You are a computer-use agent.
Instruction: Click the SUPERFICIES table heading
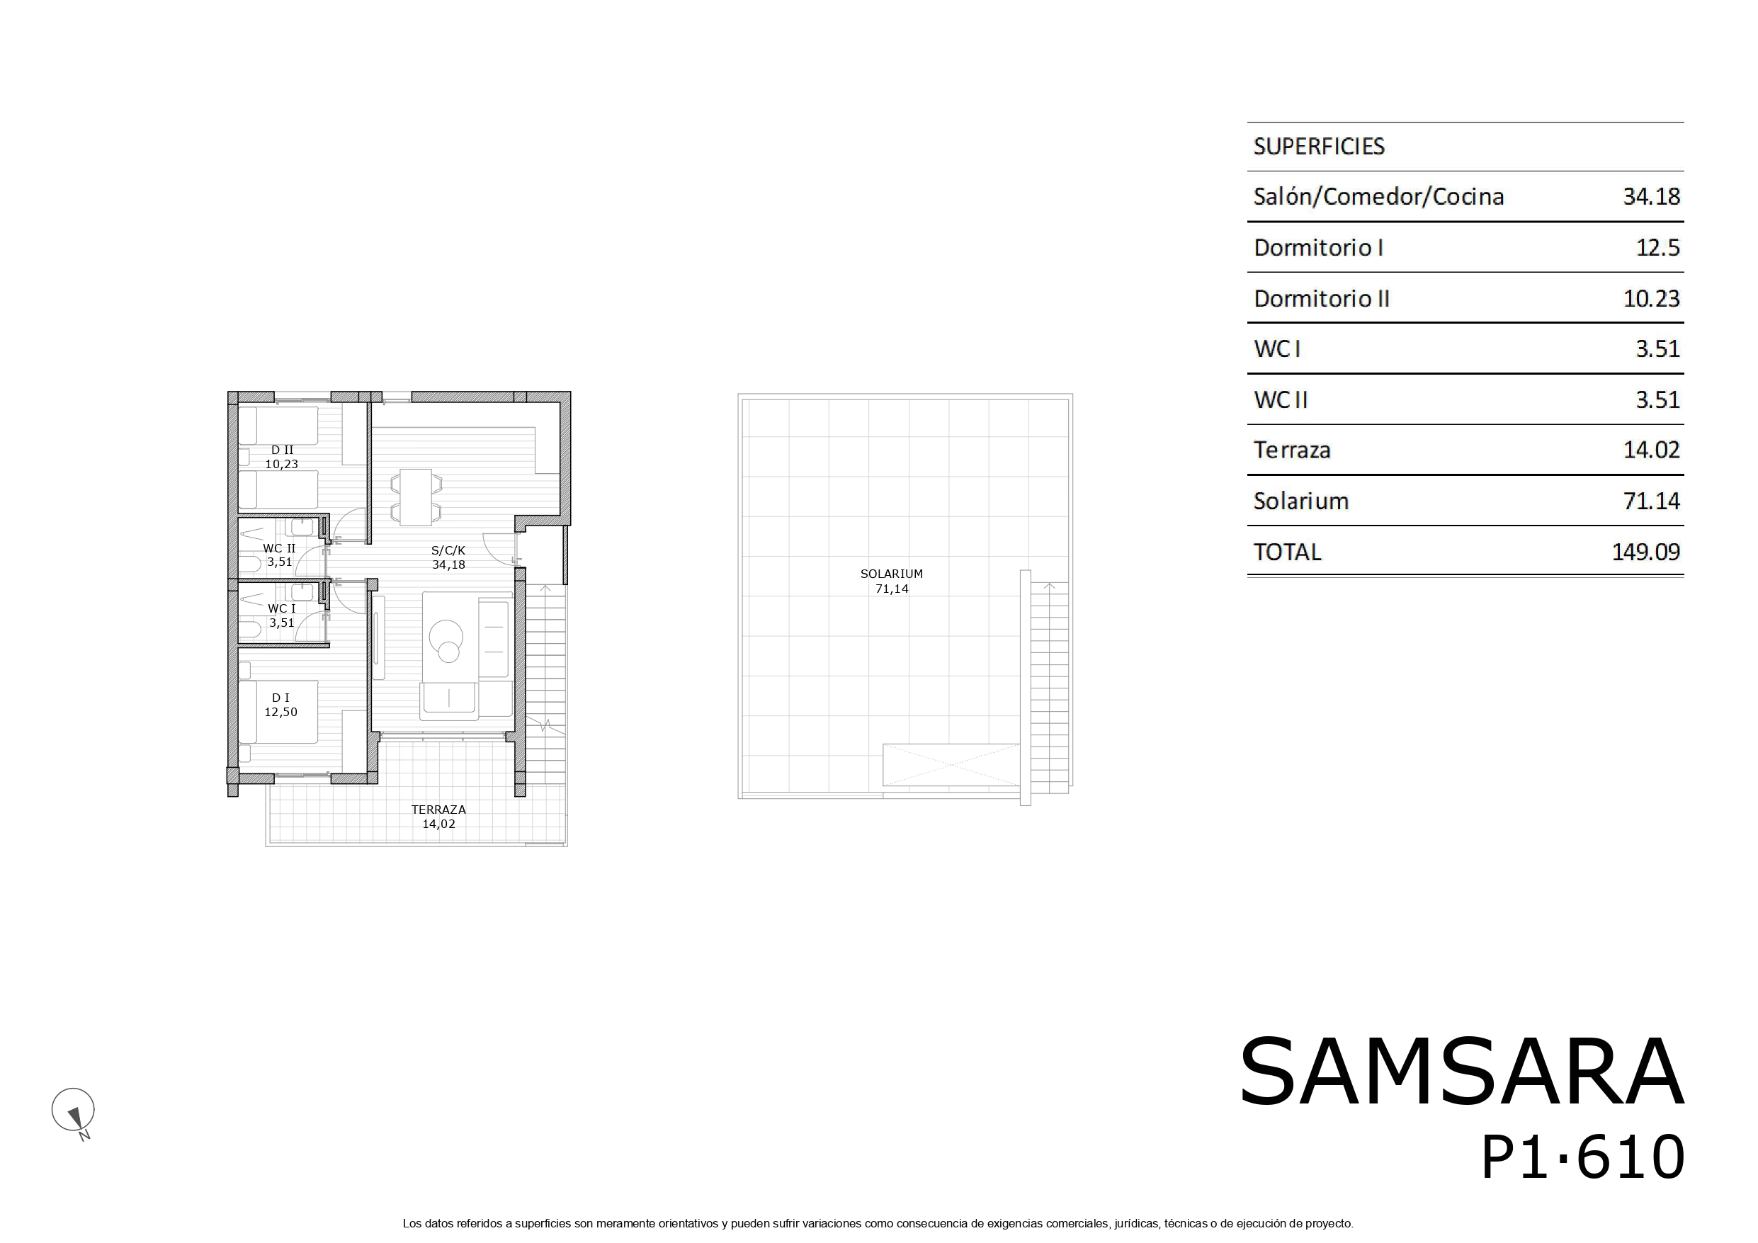click(x=1319, y=147)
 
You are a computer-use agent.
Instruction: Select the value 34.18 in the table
click(x=1652, y=197)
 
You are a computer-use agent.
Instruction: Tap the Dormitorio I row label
click(x=1319, y=247)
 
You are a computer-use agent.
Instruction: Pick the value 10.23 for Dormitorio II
click(x=1652, y=298)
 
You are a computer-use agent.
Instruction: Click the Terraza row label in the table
click(x=1292, y=450)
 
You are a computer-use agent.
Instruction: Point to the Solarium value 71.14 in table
click(x=1652, y=501)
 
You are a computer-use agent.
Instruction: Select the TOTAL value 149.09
click(x=1645, y=552)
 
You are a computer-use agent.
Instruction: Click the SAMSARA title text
click(x=1462, y=1072)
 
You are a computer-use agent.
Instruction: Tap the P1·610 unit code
click(x=1582, y=1157)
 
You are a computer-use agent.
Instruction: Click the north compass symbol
click(x=74, y=1112)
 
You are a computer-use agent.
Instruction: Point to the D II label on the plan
click(x=282, y=450)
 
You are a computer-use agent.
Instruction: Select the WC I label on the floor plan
click(x=281, y=609)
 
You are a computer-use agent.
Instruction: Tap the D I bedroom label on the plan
click(x=280, y=698)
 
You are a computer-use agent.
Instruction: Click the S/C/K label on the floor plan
click(x=448, y=550)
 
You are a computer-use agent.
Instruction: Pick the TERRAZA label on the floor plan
click(x=438, y=810)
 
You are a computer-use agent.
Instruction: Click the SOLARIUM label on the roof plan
click(x=891, y=574)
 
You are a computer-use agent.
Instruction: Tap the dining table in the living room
click(x=416, y=497)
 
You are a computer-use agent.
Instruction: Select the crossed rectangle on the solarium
click(x=951, y=764)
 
